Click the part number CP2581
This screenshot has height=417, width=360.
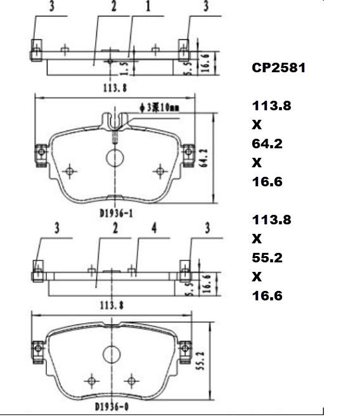279,68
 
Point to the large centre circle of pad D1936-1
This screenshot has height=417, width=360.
115,157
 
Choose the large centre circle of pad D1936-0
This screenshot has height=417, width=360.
112,356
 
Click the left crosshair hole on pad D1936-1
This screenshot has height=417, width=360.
71,170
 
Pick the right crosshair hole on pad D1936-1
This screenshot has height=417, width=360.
159,170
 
